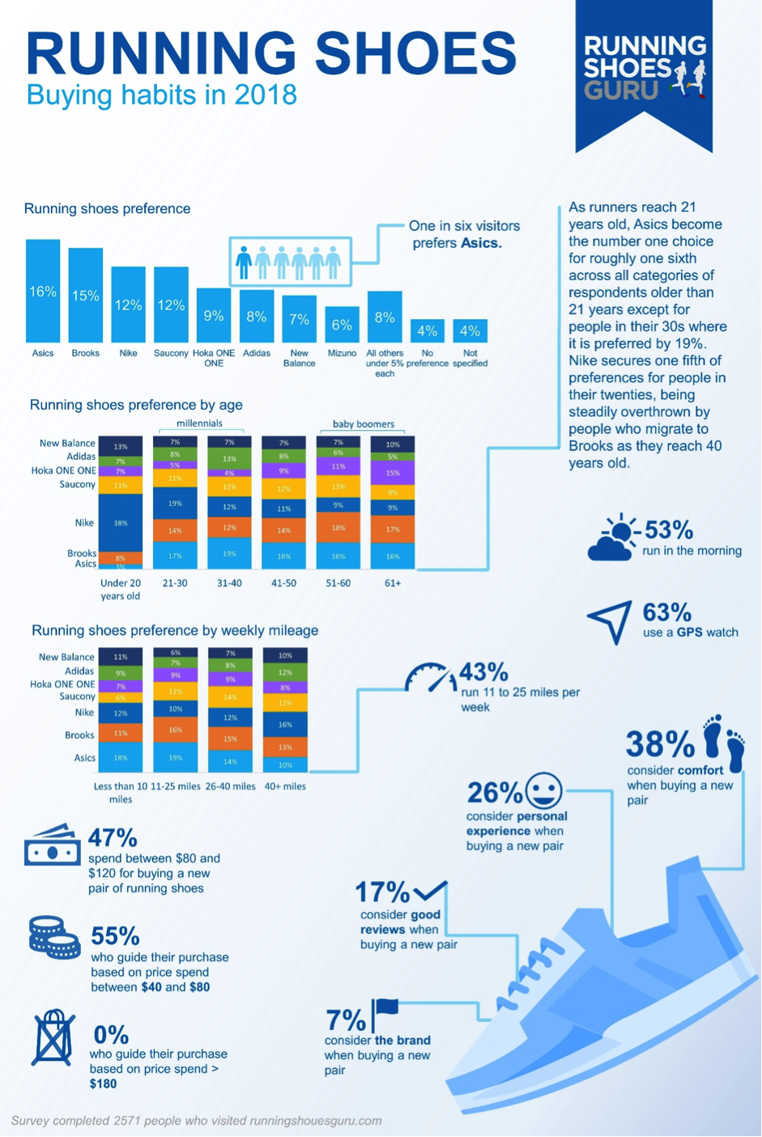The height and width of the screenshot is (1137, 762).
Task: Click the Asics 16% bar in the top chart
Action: (43, 291)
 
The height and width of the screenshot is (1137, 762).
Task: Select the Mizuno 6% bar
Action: (342, 324)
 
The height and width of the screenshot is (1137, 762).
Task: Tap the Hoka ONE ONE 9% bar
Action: (214, 315)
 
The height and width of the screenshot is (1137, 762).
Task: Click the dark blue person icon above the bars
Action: (244, 262)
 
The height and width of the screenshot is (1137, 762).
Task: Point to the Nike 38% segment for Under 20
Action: (121, 522)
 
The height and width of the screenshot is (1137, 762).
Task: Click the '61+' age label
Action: (393, 583)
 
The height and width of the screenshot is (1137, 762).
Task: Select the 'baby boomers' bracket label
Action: (364, 424)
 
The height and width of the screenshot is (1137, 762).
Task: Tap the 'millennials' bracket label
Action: (199, 423)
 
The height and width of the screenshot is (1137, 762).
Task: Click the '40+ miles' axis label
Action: (285, 786)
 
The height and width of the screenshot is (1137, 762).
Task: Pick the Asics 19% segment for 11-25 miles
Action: (176, 757)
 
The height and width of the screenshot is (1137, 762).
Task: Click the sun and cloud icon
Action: (615, 538)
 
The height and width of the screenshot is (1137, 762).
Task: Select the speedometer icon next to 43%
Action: (430, 679)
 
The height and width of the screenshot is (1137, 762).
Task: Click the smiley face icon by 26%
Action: (543, 790)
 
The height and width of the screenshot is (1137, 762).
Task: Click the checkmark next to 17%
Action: (430, 891)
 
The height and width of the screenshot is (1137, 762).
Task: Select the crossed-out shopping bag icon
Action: (53, 1037)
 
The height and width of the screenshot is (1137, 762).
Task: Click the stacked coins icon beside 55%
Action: (53, 937)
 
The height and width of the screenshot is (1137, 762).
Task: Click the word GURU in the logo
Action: (621, 90)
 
